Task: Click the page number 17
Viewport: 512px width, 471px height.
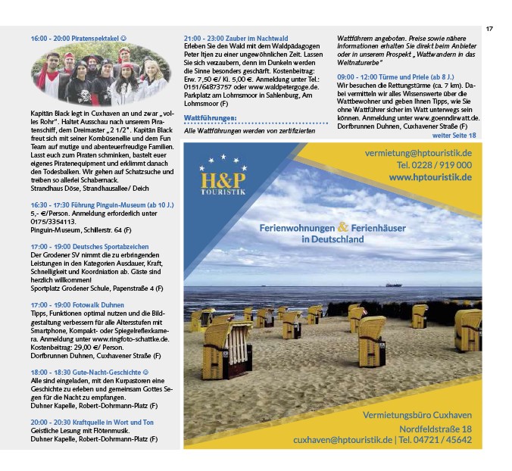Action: pos(489,29)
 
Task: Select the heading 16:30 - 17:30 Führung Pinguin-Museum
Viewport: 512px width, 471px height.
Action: pos(102,205)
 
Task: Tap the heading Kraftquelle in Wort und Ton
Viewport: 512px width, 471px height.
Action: pos(92,422)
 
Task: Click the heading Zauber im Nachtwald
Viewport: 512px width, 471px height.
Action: pos(235,38)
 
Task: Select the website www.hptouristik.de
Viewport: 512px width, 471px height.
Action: pos(430,177)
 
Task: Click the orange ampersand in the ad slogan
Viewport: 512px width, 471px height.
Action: pos(343,226)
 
